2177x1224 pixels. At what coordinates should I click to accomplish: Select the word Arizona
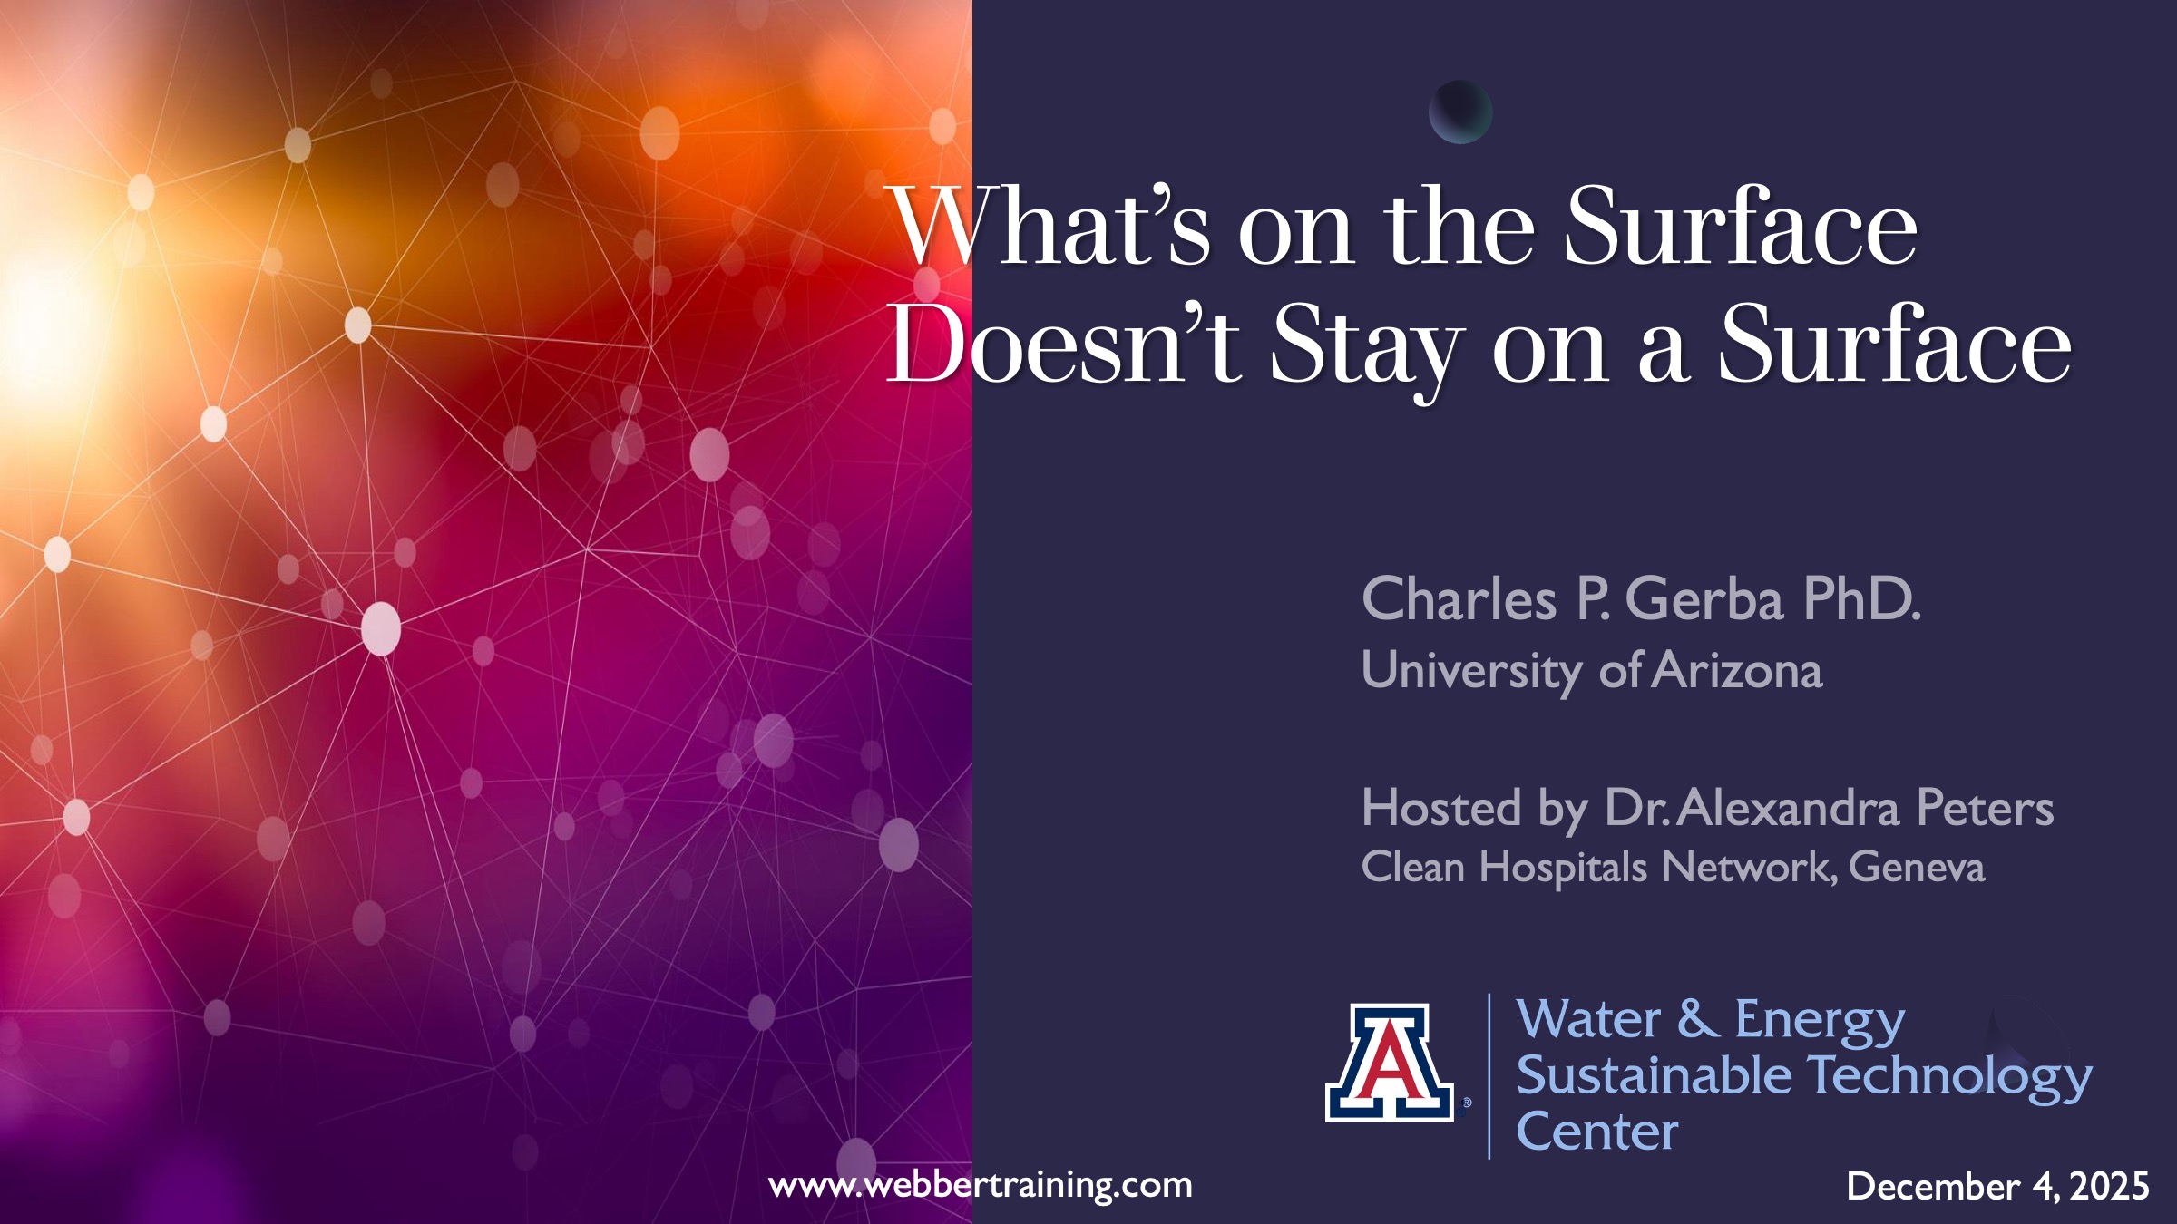(1737, 671)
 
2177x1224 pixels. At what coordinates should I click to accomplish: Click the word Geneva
(1916, 867)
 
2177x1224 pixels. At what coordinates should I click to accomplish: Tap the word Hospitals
(1562, 868)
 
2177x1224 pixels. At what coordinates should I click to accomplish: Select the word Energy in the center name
(1820, 1020)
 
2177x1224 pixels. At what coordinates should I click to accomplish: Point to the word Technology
(1949, 1079)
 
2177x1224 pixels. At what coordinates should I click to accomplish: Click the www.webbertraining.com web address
(980, 1184)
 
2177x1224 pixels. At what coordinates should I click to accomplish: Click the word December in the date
(1933, 1186)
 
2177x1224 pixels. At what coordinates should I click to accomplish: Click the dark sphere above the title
(1460, 112)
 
